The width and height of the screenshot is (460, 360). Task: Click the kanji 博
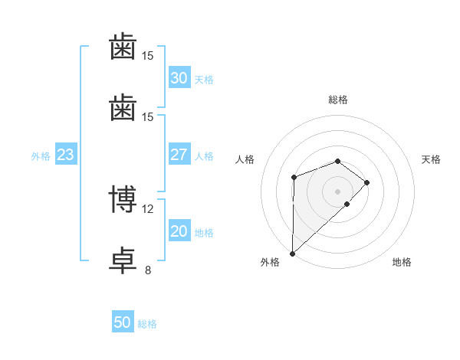tap(123, 199)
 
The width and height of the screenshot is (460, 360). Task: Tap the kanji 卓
tap(123, 260)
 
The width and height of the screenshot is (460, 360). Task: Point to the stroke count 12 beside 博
tap(147, 209)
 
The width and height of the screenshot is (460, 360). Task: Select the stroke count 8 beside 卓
tap(148, 270)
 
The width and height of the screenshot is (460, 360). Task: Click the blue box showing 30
tap(179, 77)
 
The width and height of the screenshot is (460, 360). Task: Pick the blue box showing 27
tap(179, 154)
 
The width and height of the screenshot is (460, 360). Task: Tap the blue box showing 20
tap(179, 230)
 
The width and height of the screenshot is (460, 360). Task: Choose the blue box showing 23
tap(66, 154)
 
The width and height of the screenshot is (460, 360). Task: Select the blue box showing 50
tap(123, 321)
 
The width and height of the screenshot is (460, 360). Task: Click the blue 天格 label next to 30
tap(204, 80)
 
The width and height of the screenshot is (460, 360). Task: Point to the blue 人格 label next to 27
tap(204, 156)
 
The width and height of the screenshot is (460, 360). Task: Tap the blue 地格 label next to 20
tap(204, 233)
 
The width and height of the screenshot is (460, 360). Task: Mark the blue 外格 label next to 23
tap(41, 156)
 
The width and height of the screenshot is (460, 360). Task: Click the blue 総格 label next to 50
tap(147, 324)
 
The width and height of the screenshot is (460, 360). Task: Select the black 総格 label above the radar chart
tap(338, 100)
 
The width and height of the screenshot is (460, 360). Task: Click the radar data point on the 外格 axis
tap(293, 254)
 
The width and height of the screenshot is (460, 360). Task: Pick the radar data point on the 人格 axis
tap(294, 178)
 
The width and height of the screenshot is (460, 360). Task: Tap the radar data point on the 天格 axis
tap(366, 182)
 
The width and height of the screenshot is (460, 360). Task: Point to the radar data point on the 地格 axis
tap(347, 204)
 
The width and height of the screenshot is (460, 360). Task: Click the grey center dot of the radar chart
tap(337, 191)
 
